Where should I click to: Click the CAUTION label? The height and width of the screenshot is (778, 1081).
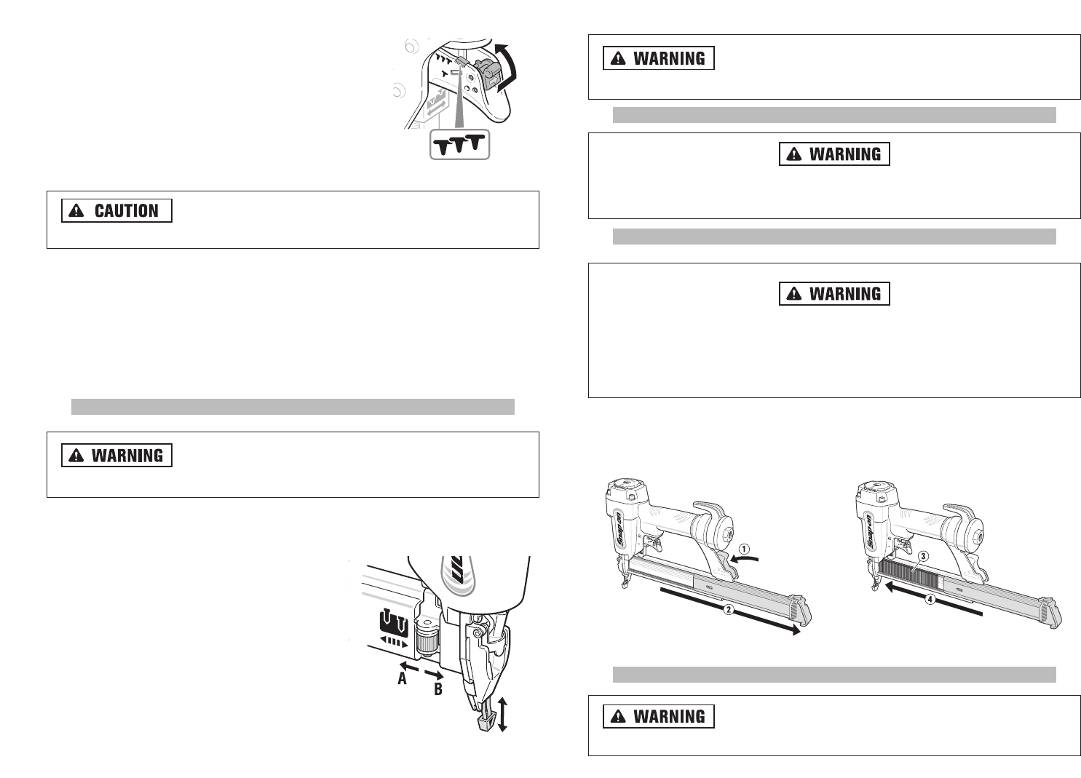(116, 210)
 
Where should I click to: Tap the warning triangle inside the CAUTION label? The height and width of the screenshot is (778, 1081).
(76, 211)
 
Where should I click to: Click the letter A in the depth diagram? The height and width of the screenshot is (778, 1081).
(402, 679)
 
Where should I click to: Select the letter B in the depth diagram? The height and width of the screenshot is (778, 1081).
(438, 688)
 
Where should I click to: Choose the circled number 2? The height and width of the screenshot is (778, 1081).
(728, 609)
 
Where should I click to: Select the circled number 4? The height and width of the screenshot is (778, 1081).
(930, 600)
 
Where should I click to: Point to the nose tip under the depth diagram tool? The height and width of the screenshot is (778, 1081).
(481, 722)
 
